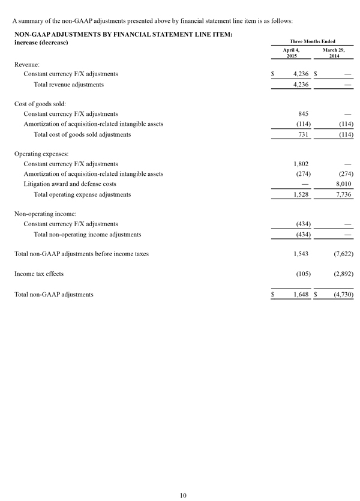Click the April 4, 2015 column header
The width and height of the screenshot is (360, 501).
coord(291,53)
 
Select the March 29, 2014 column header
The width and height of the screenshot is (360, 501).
coord(334,53)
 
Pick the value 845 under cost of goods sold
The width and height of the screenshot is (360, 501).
coord(303,113)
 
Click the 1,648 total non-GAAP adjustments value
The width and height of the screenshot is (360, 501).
coord(299,295)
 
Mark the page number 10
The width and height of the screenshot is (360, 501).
coord(183,494)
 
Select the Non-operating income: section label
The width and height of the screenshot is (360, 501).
coord(44,213)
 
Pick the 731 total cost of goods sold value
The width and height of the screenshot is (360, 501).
coord(303,134)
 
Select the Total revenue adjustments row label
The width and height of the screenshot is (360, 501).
coord(69,85)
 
